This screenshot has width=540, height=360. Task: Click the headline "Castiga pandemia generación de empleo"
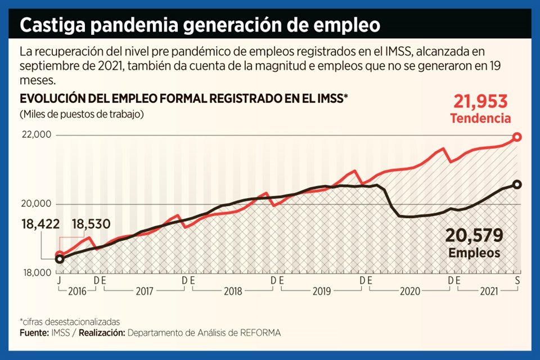point(200,26)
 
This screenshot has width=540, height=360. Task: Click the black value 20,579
point(474,235)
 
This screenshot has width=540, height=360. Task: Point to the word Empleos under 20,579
point(474,253)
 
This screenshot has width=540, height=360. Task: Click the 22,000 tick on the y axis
point(36,135)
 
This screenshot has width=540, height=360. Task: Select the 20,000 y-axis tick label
point(36,204)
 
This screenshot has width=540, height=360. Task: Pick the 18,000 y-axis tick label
point(36,273)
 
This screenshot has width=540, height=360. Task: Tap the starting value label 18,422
point(40,223)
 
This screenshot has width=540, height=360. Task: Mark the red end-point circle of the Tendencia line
point(517,137)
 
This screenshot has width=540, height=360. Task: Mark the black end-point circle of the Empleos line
point(517,184)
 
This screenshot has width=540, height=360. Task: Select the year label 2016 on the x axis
point(76,291)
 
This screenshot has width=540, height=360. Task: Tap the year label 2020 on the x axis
point(409,291)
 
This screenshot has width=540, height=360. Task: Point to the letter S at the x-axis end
point(516,280)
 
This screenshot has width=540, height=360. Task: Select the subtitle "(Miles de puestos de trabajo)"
point(81,114)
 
